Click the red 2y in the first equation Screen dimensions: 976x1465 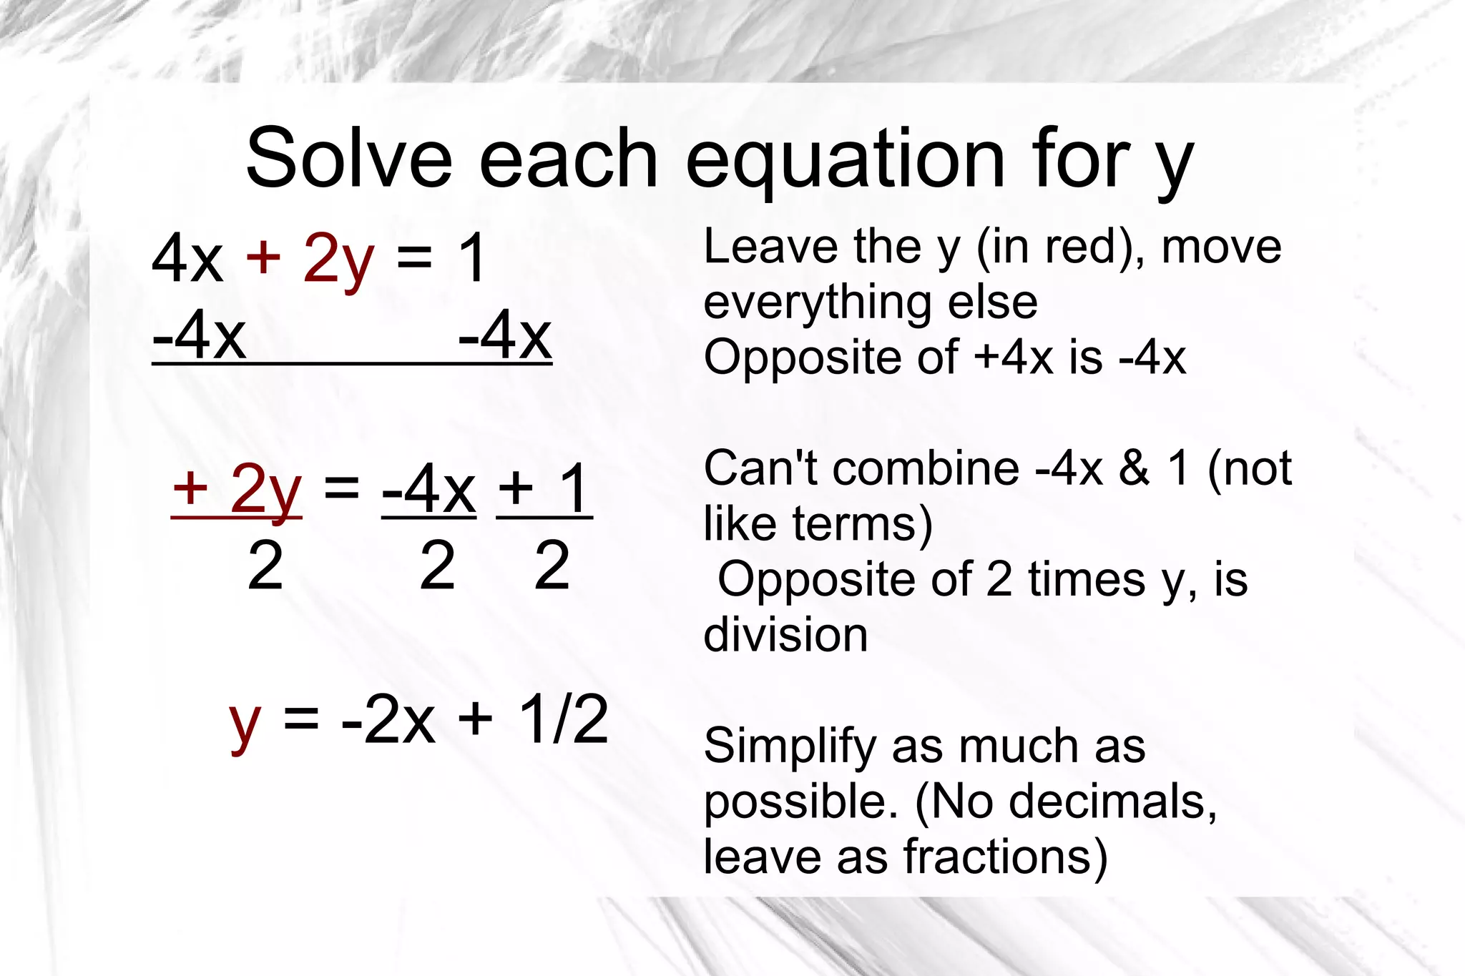coord(338,259)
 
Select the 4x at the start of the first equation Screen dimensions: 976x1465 coord(187,259)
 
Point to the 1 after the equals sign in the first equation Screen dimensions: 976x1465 coord(473,259)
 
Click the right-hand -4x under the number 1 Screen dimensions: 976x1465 coord(505,335)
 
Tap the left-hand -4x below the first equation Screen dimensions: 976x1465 coord(200,335)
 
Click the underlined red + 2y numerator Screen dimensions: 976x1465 coord(237,489)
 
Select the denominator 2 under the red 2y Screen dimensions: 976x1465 coord(265,566)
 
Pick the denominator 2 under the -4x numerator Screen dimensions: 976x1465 coord(437,566)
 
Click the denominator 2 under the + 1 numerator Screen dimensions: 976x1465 coord(552,566)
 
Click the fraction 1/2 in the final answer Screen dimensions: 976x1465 coord(563,719)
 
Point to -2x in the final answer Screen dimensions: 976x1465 coord(388,719)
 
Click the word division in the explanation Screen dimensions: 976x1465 coord(785,635)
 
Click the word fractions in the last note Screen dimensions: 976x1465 coord(1005,857)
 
